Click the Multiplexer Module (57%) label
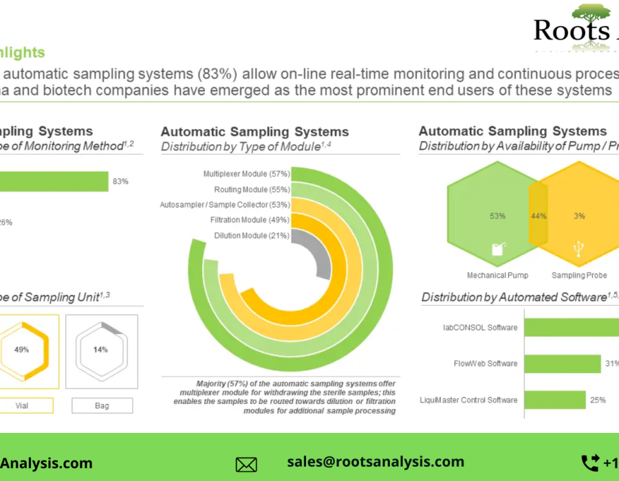246,174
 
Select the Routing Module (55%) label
252,189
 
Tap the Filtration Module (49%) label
250,220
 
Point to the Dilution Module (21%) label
252,236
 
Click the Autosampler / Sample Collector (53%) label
225,205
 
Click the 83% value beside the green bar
120,181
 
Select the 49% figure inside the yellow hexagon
21,350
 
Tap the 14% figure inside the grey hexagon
100,350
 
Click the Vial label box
22,405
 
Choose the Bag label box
102,405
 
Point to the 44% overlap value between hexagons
539,216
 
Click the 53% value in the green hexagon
498,216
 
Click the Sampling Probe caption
579,276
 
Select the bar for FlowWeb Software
563,363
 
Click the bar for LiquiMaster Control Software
555,400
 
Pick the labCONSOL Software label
480,328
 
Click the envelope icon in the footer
246,465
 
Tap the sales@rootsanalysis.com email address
376,462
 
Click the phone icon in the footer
589,462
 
